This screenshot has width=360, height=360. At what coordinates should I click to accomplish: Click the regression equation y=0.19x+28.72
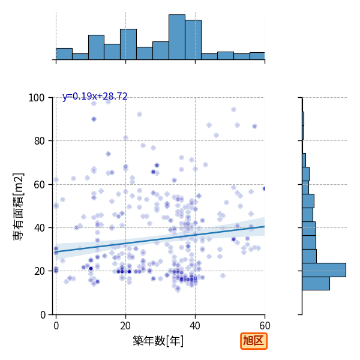tap(95, 96)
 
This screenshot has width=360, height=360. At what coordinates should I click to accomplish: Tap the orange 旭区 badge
tap(254, 341)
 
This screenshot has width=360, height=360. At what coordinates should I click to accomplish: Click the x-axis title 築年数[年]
tap(158, 341)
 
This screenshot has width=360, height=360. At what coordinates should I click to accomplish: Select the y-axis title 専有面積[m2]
tap(19, 206)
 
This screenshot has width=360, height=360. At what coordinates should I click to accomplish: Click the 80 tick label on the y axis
tap(39, 141)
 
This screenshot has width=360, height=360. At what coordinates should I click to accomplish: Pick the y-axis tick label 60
tap(39, 185)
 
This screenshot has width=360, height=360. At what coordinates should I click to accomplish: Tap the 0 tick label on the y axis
tap(43, 315)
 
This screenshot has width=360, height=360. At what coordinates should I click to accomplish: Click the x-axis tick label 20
tap(125, 326)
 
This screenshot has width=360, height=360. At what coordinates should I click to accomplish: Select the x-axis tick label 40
tap(195, 326)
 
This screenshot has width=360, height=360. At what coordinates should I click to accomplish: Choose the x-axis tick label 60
tap(265, 326)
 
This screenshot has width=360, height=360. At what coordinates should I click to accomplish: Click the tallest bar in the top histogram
tap(177, 37)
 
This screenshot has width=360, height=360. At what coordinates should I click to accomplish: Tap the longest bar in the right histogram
tap(324, 270)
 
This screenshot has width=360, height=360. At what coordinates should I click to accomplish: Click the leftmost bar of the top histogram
tap(64, 54)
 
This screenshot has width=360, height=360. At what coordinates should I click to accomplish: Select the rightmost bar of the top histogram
tap(257, 56)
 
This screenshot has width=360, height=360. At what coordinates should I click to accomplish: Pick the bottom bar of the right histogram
tap(316, 284)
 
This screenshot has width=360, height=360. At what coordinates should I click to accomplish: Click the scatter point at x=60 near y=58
tap(265, 189)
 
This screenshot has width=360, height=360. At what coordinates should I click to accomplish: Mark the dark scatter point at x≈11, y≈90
tap(94, 119)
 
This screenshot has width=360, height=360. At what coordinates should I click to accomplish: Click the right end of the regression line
tap(265, 226)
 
